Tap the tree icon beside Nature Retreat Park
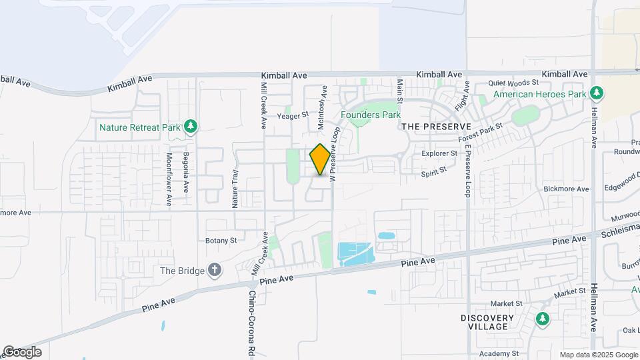[191, 127]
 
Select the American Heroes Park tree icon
[598, 93]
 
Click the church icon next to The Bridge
[214, 271]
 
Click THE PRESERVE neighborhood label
[436, 126]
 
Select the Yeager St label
[293, 115]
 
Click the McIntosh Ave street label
[322, 107]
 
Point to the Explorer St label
[439, 153]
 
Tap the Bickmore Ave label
[567, 189]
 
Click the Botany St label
[221, 240]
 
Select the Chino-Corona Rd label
[252, 325]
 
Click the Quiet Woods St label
[513, 83]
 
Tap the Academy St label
[503, 353]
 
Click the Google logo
[21, 352]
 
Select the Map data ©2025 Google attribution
[598, 355]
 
